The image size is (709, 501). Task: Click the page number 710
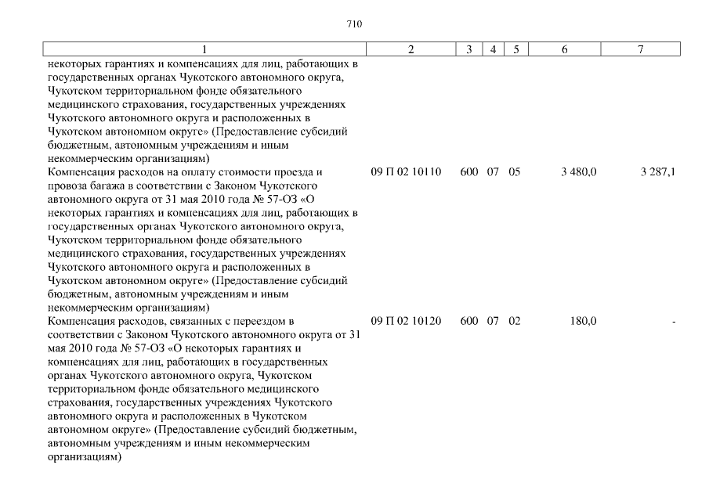click(x=354, y=24)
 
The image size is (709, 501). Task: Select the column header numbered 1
click(x=204, y=50)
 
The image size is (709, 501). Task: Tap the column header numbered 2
click(x=411, y=50)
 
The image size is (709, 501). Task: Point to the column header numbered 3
click(x=468, y=50)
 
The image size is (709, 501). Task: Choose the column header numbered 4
click(x=493, y=50)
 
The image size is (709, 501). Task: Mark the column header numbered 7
click(x=640, y=50)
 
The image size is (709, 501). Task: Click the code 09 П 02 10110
click(x=407, y=171)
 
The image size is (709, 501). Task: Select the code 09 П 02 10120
click(x=407, y=321)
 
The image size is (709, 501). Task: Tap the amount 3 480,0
click(x=579, y=171)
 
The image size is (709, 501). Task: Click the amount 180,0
click(x=584, y=321)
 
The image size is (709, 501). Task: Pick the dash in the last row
click(x=674, y=322)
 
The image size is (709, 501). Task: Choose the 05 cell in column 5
click(x=514, y=171)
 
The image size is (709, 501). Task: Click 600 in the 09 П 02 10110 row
click(x=469, y=171)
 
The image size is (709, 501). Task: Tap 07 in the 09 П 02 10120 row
click(x=493, y=321)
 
